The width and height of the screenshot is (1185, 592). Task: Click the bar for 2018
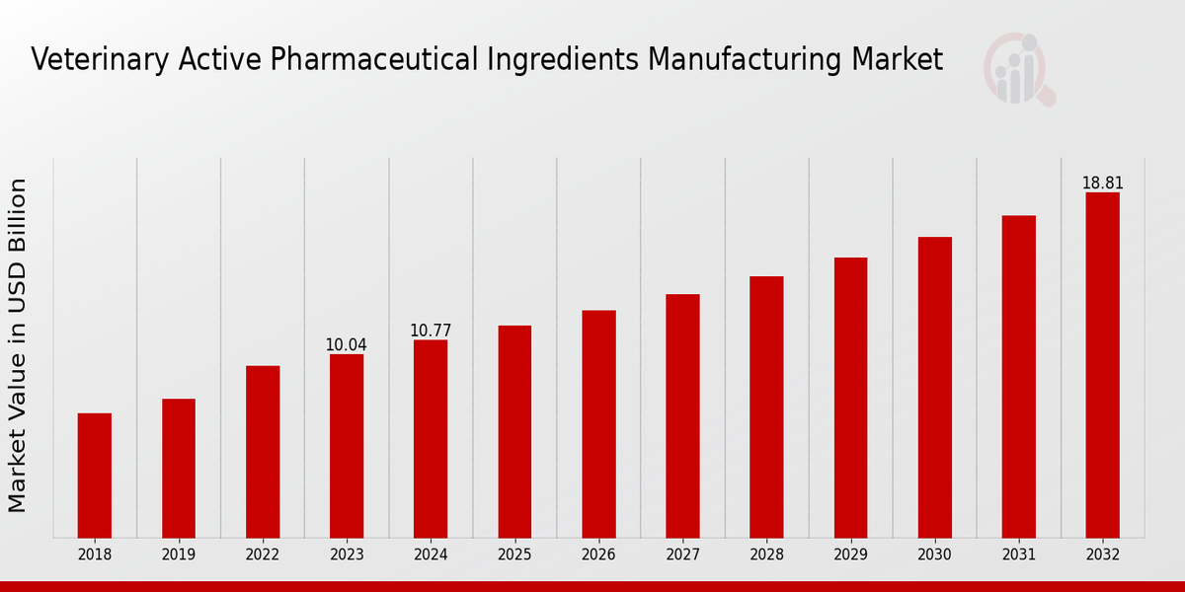tap(95, 476)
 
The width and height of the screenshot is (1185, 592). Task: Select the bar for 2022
tap(263, 452)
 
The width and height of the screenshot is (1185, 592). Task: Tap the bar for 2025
tap(514, 431)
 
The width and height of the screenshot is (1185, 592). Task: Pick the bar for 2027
tap(682, 415)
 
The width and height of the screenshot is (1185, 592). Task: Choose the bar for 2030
tap(934, 387)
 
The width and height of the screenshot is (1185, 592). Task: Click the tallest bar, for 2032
tap(1102, 365)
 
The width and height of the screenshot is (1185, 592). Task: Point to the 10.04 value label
tap(346, 345)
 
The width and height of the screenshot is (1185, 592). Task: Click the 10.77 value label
tap(431, 331)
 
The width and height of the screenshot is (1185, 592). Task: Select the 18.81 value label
tap(1102, 184)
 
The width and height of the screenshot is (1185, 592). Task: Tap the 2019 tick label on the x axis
tap(179, 555)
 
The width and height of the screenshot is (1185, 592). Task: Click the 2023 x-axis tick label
tap(347, 555)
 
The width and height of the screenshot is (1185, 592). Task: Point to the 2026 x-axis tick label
tap(598, 555)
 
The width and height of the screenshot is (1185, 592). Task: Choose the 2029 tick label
tap(850, 555)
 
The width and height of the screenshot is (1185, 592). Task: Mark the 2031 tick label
tap(1018, 555)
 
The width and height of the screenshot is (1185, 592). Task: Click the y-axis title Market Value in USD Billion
tap(18, 345)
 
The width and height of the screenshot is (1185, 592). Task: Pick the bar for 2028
tap(766, 407)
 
